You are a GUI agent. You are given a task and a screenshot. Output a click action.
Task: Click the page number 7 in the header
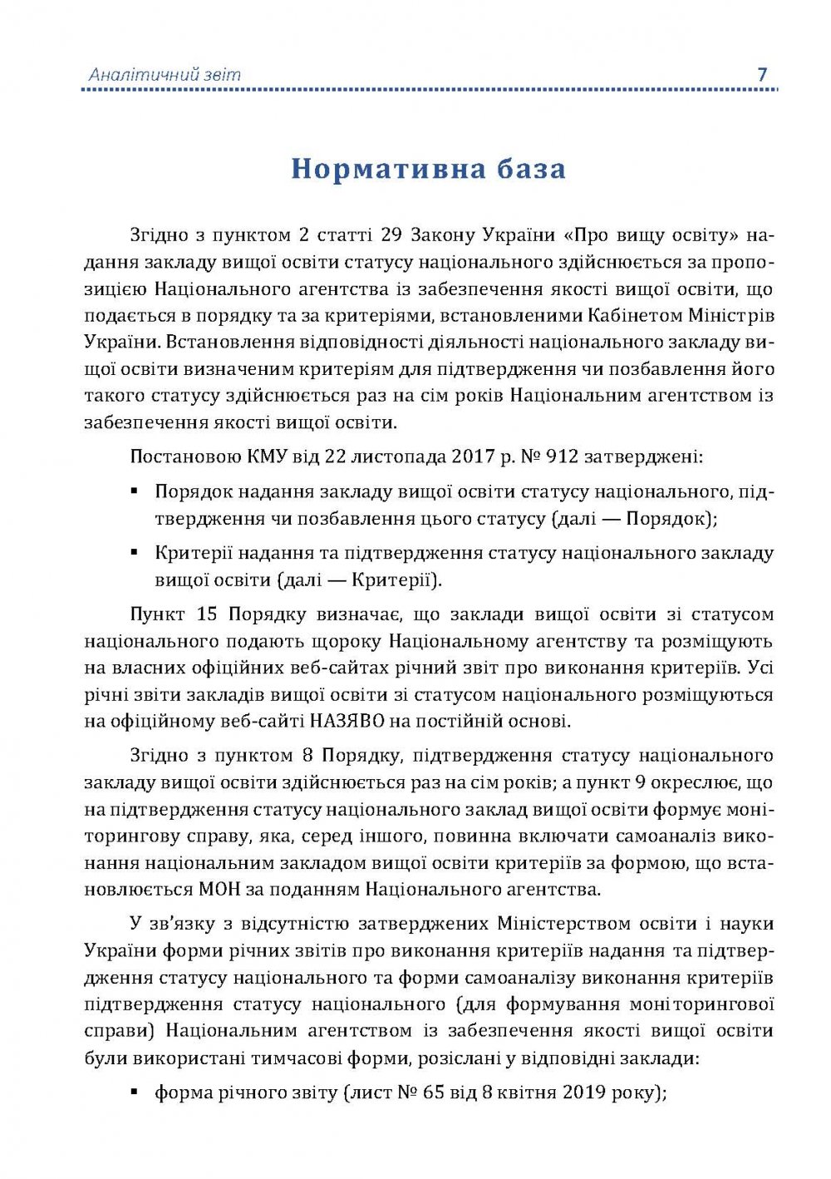762,74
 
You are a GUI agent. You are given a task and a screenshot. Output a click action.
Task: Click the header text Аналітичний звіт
165,75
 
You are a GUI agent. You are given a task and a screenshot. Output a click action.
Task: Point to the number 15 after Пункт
208,614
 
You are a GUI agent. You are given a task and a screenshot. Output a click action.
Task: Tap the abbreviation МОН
219,890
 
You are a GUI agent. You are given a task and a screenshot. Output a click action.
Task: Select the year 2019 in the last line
585,1093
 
